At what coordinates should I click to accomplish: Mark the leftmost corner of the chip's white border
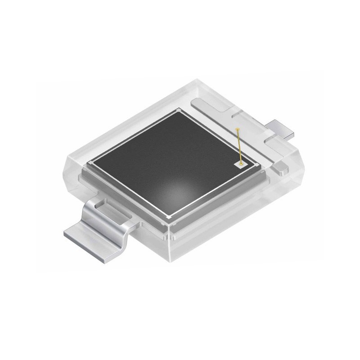point(91,162)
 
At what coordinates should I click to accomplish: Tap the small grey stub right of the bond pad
point(279,168)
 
